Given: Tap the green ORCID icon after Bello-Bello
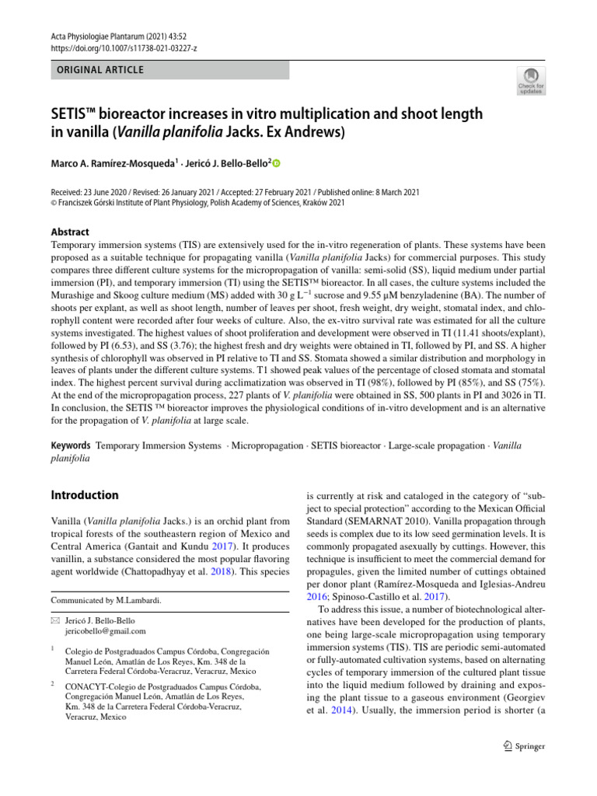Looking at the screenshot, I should (275, 163).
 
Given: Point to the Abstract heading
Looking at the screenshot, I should (69, 232).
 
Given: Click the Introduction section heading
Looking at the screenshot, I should (84, 495).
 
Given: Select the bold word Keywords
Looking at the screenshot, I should (70, 446).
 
